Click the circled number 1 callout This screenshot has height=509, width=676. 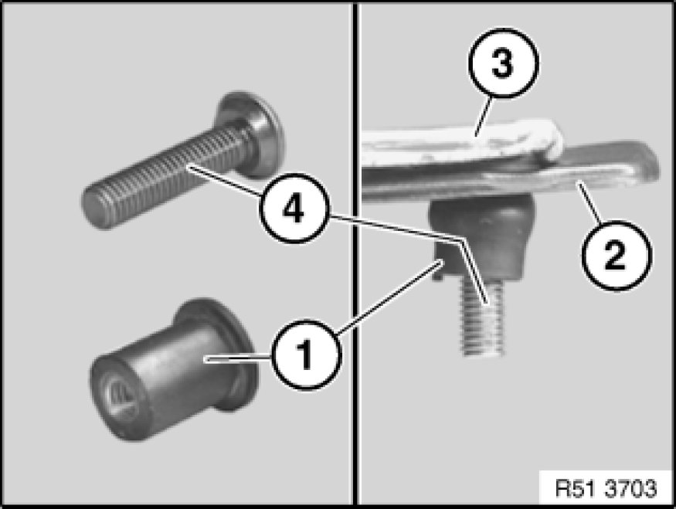click(306, 355)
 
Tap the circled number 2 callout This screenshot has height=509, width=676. click(617, 255)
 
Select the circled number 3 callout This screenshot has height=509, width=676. click(503, 63)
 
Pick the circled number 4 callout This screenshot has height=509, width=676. click(294, 209)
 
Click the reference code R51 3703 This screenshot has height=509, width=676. click(606, 488)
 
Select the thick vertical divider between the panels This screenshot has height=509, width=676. click(355, 254)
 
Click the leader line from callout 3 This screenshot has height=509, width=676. click(483, 117)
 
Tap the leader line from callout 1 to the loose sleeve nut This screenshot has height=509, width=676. click(239, 358)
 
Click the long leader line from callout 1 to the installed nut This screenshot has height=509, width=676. click(390, 297)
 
